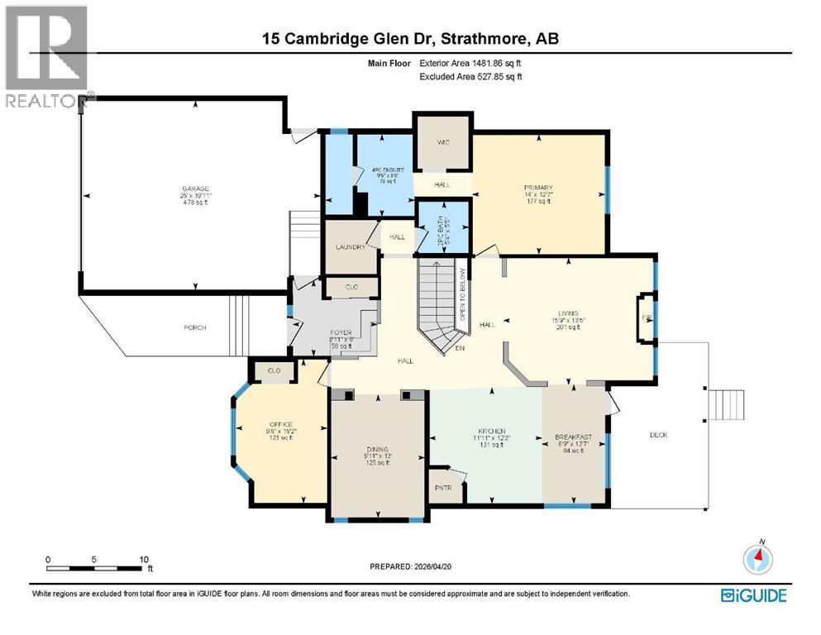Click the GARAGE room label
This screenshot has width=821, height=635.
point(196,189)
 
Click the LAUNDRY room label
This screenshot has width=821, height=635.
point(351,246)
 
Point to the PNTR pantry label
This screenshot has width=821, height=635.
point(442,488)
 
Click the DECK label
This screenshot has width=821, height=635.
point(658,435)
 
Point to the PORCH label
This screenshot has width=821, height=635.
point(195,327)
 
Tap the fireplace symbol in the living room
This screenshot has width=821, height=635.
point(646,317)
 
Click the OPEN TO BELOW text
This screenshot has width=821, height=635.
point(463,294)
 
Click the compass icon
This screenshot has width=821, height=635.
point(757,559)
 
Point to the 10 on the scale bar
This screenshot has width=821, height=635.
point(143,559)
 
